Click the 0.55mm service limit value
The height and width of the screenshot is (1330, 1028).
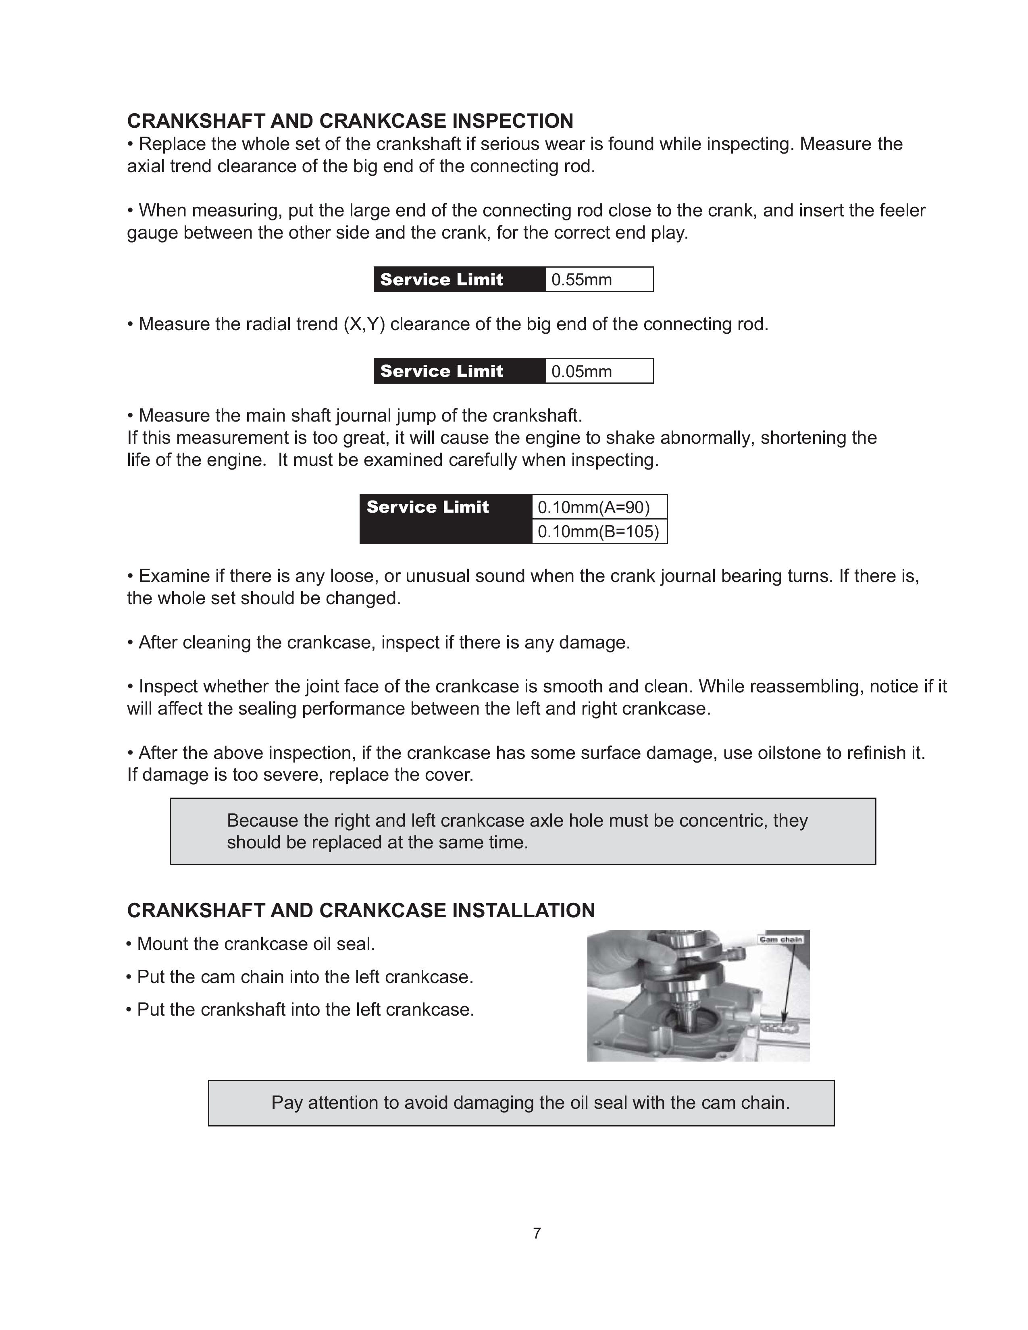tap(582, 280)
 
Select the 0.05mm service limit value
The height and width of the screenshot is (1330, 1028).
tap(582, 372)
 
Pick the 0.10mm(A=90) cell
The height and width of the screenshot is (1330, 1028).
tap(594, 507)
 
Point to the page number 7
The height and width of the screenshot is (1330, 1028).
tap(537, 1233)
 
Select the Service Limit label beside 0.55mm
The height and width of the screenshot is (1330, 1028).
tap(441, 280)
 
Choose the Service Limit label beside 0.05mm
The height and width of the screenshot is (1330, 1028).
tap(441, 372)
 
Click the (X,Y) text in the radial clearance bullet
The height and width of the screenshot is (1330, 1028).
tap(364, 324)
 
